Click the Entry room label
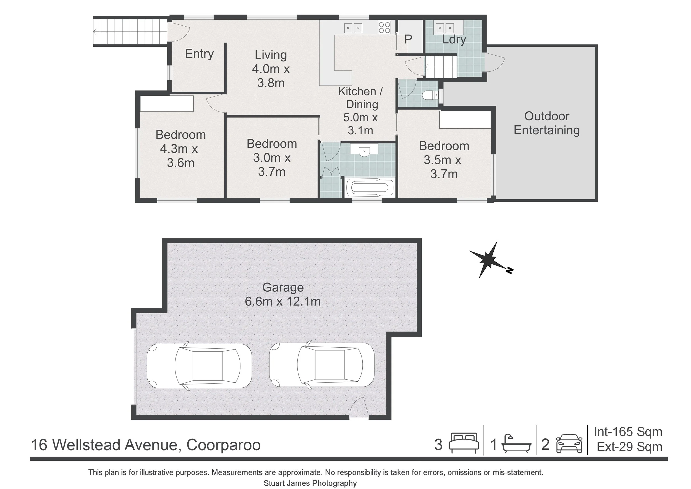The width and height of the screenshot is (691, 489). (x=199, y=54)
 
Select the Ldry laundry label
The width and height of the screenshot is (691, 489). (x=454, y=40)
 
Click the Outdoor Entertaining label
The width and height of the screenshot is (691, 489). (x=546, y=123)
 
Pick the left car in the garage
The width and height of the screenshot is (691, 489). (x=199, y=366)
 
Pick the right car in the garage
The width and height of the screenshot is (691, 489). (x=322, y=365)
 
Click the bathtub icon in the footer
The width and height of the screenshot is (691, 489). (x=516, y=444)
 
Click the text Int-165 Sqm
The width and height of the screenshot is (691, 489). (x=628, y=432)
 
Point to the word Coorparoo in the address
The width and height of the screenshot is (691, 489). (x=223, y=445)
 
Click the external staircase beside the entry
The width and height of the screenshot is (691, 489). (x=130, y=32)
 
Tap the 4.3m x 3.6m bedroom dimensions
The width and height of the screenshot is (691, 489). (x=179, y=156)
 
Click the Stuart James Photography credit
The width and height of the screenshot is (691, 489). (x=310, y=483)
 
